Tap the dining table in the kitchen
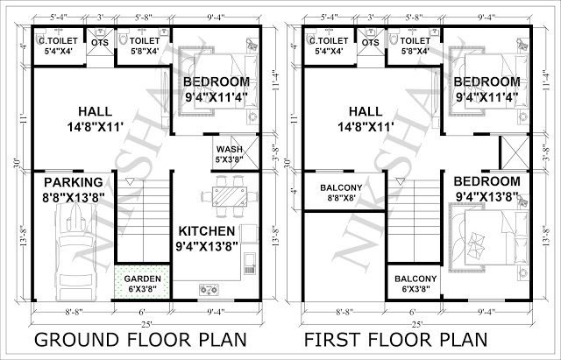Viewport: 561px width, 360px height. [230, 196]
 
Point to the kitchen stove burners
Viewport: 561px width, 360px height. [209, 290]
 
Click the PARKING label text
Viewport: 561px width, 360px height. [74, 182]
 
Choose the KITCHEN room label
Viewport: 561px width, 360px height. [207, 231]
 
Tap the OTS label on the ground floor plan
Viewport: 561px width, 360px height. [100, 43]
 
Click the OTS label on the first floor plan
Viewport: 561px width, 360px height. [370, 43]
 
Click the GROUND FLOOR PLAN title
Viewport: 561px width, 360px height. [140, 339]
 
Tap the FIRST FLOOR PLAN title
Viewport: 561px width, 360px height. [395, 339]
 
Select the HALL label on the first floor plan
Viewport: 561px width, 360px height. [366, 111]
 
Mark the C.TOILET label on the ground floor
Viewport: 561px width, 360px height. [59, 41]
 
